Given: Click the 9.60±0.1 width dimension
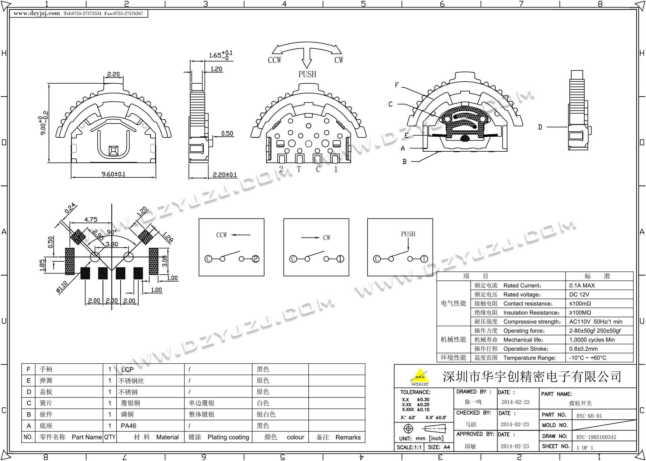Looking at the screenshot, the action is [113, 174].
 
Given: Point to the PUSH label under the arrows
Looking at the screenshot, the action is [307, 74].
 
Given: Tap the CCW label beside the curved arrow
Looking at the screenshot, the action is [274, 60].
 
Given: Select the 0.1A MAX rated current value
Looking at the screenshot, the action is [582, 286].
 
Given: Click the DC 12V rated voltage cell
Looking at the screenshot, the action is [579, 294].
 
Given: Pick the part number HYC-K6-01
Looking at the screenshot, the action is [589, 416].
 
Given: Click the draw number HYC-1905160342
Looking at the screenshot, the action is [596, 437].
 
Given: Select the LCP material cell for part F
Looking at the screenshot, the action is [127, 369].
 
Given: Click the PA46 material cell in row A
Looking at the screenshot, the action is [129, 426].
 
